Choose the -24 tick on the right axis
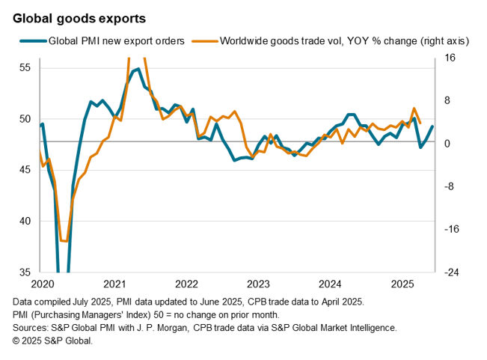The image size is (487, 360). point(451,272)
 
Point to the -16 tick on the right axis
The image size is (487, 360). point(451,229)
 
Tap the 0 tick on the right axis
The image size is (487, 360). point(447,143)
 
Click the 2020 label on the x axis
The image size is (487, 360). point(41,284)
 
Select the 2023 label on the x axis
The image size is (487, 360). point(258,284)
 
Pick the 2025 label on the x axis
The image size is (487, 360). point(403,284)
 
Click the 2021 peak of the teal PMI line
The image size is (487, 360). point(138,70)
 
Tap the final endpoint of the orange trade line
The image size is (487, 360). point(420,123)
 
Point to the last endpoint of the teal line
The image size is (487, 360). point(432,126)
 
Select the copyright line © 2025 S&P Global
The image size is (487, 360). point(52,341)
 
